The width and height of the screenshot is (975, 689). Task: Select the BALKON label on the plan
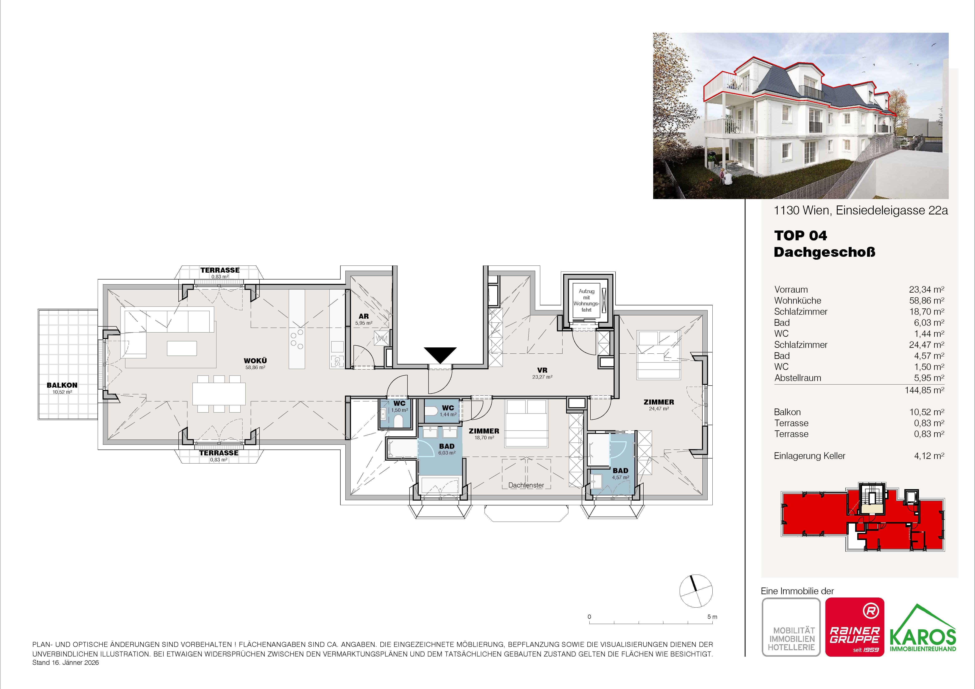62,385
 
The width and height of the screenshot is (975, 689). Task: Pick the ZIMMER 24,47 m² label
659,405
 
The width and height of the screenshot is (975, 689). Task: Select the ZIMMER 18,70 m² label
484,433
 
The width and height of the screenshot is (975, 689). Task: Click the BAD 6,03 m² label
447,449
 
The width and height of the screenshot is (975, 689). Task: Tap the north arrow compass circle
696,591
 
